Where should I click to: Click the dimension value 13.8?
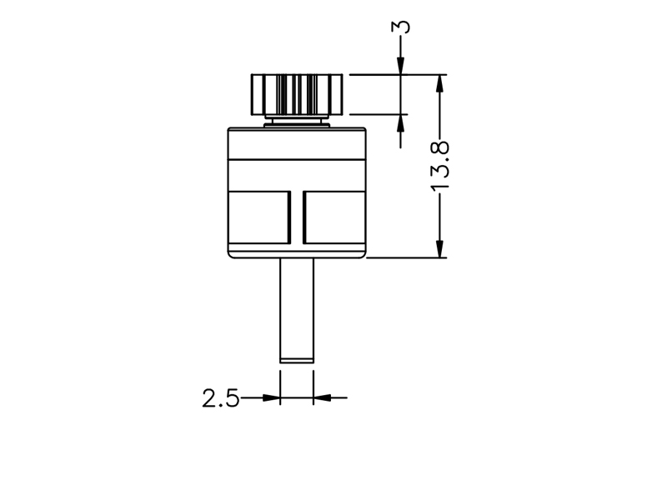pyautogui.click(x=440, y=166)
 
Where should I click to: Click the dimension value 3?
pyautogui.click(x=401, y=27)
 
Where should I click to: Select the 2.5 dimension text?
pyautogui.click(x=220, y=398)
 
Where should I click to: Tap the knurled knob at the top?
pyautogui.click(x=297, y=94)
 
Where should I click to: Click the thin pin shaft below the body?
pyautogui.click(x=297, y=311)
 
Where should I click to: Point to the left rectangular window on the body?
pyautogui.click(x=259, y=217)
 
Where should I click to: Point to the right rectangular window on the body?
pyautogui.click(x=334, y=217)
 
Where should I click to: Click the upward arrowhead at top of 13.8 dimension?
pyautogui.click(x=440, y=84)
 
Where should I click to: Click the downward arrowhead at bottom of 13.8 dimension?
pyautogui.click(x=440, y=248)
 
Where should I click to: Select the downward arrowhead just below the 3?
pyautogui.click(x=401, y=66)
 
